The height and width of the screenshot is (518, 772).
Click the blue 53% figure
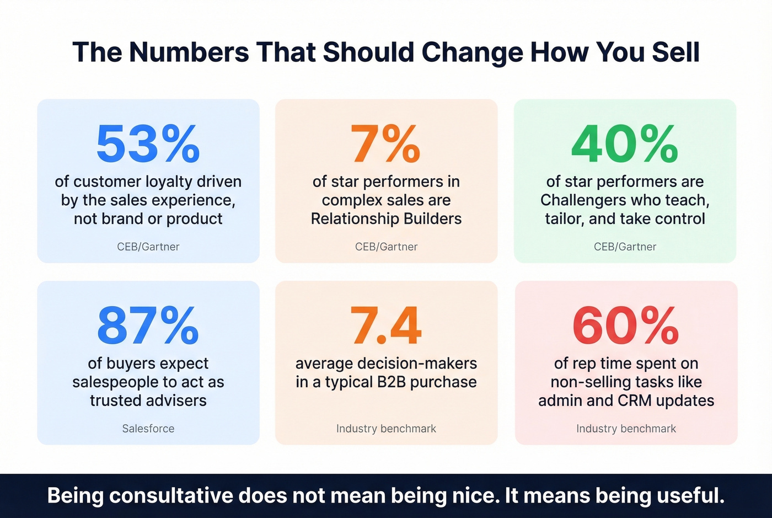pos(148,144)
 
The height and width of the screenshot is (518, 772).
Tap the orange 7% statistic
pos(386,144)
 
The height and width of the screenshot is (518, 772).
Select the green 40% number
pos(625,144)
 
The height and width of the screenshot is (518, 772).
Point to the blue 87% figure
pos(148,325)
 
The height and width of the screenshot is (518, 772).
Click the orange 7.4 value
pos(386,325)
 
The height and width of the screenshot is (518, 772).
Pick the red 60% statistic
pos(625,325)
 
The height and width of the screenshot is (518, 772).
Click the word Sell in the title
pos(675,52)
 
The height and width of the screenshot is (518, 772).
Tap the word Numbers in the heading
pos(189,52)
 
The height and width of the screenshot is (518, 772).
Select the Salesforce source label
pos(148,429)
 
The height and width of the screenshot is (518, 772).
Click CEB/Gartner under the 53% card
pos(148,247)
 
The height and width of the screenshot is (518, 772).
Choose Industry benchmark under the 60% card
pos(626,429)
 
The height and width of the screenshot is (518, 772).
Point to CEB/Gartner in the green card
pos(625,247)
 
